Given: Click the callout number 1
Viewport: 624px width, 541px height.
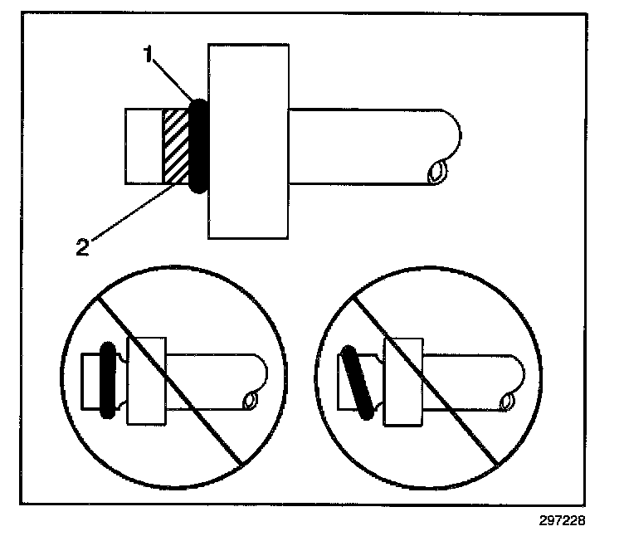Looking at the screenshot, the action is click(x=147, y=56).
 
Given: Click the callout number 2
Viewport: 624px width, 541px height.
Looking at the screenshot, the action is click(x=82, y=246).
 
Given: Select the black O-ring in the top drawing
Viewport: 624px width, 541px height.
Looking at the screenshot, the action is click(x=199, y=146).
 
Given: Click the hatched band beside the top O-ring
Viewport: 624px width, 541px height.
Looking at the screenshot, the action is click(x=176, y=146).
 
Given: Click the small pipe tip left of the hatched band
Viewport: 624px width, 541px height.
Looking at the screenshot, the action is click(x=143, y=146).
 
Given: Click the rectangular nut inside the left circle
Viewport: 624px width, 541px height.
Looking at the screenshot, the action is click(x=146, y=381).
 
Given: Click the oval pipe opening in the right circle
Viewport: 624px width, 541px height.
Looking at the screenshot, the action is click(x=506, y=402).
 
